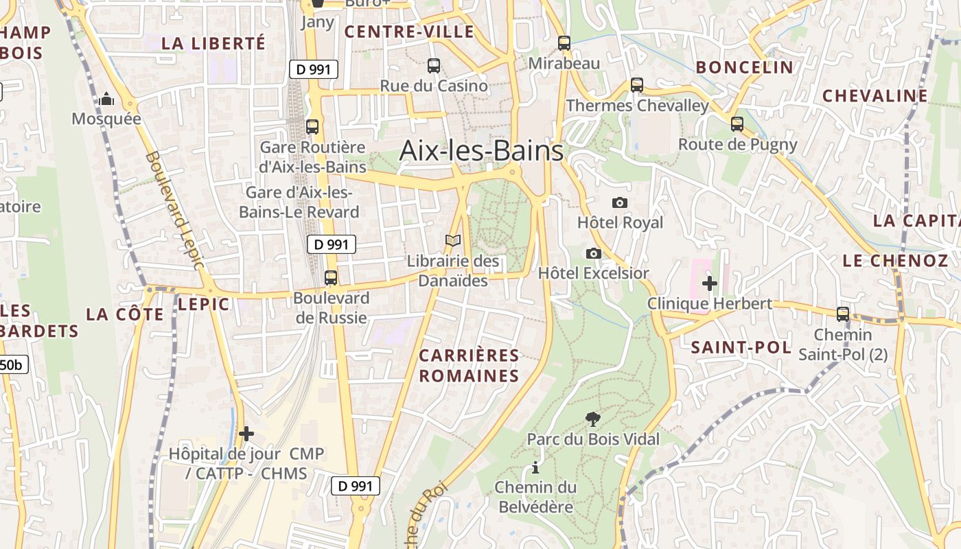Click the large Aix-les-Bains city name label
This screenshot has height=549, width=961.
(x=481, y=150)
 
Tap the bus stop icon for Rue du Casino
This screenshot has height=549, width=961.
(x=434, y=66)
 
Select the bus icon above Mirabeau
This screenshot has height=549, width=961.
(x=564, y=43)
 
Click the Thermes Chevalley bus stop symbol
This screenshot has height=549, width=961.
(x=637, y=85)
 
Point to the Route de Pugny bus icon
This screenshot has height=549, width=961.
(x=737, y=124)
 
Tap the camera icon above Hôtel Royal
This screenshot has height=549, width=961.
(x=619, y=202)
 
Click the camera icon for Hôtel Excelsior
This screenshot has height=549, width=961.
(x=594, y=253)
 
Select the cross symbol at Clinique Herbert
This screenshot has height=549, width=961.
(x=710, y=283)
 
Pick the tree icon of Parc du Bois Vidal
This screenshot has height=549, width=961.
(x=592, y=419)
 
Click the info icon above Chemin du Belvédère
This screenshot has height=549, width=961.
(x=535, y=468)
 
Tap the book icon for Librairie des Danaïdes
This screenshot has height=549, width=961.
(x=452, y=241)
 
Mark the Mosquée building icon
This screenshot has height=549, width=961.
(x=106, y=99)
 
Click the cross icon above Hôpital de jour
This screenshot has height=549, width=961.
(x=246, y=434)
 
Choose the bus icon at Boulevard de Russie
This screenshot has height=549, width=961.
(x=331, y=278)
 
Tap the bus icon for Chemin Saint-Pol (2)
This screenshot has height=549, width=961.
(x=843, y=314)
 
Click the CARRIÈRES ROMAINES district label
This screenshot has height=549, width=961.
(x=470, y=366)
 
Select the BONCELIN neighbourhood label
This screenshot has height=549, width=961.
(x=745, y=67)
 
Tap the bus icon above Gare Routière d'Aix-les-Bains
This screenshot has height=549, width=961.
(x=312, y=126)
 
